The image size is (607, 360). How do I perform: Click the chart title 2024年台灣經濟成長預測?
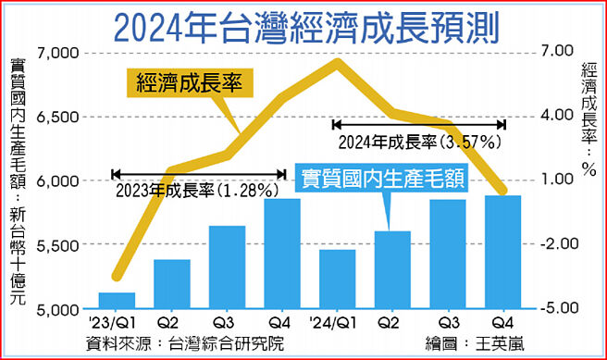[x=303, y=28]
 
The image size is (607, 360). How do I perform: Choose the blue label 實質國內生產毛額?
[x=379, y=178]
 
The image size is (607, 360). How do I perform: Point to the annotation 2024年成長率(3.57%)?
[x=419, y=142]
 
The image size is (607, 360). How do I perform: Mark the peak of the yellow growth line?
[x=339, y=62]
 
